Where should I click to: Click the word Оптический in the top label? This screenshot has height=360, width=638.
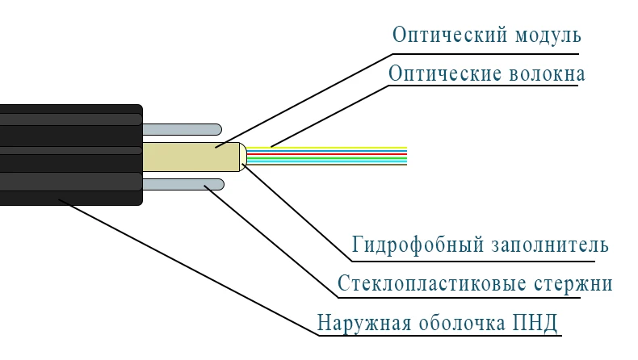[x=450, y=36]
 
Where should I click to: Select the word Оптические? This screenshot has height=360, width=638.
[x=445, y=74]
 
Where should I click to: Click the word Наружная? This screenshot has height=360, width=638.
[x=364, y=324]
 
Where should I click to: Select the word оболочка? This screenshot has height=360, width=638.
[x=462, y=323]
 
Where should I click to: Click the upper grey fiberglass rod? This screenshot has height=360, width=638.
[x=182, y=129]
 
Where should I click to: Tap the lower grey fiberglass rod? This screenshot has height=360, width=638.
[x=183, y=184]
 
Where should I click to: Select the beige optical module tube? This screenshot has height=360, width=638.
[x=191, y=157]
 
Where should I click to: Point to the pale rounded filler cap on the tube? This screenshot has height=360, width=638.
[x=243, y=157]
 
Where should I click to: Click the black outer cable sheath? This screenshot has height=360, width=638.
[x=71, y=155]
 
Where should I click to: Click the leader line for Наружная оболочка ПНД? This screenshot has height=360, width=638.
[x=189, y=267]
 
